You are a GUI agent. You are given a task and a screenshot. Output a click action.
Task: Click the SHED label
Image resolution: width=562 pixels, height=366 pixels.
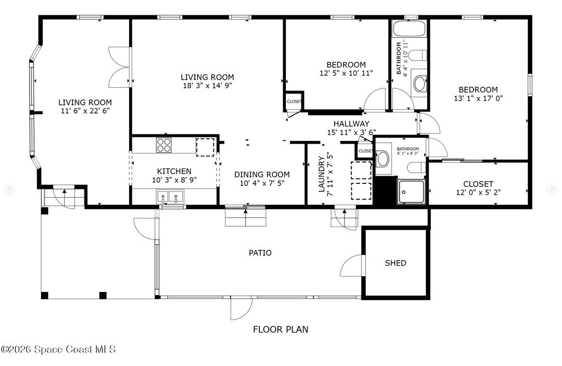[x=395, y=263]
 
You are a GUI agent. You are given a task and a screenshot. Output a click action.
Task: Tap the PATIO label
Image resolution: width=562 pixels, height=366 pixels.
[x=260, y=253]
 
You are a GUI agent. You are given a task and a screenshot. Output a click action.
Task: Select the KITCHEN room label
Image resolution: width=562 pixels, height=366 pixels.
[x=174, y=171]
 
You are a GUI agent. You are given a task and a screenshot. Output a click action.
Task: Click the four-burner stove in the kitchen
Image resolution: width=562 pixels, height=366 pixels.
[x=164, y=145]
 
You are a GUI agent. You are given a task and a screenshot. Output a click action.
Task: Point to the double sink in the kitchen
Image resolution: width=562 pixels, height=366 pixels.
[x=170, y=197]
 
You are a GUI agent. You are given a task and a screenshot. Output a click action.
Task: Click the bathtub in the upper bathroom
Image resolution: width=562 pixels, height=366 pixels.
[x=409, y=29]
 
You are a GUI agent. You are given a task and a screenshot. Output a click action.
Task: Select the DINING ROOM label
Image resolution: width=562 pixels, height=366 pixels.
[x=262, y=174]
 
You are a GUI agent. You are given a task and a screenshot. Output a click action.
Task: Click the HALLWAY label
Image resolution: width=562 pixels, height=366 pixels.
[x=351, y=123]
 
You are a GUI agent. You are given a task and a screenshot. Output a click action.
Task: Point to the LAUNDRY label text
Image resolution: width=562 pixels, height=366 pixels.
[x=322, y=174]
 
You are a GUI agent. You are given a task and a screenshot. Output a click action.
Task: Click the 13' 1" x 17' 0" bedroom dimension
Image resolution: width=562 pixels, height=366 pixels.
[x=479, y=98]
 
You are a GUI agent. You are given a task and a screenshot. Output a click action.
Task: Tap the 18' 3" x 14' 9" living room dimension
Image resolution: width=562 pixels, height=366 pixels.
[x=207, y=86]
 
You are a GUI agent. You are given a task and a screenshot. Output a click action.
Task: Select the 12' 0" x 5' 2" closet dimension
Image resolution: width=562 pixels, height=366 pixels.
[x=478, y=193]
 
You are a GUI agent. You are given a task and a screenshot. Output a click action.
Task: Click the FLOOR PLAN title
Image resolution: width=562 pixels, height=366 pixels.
[x=280, y=329]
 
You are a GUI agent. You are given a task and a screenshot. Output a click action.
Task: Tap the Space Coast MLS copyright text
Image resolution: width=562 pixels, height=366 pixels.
[x=58, y=349]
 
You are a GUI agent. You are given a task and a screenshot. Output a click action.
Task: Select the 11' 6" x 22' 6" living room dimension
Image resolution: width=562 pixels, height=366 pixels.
[x=85, y=111]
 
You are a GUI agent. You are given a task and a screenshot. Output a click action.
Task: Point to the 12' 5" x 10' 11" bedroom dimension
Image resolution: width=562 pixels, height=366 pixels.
[x=346, y=73]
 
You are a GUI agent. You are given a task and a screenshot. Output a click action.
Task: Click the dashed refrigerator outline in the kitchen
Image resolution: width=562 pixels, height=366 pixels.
[x=205, y=147]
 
